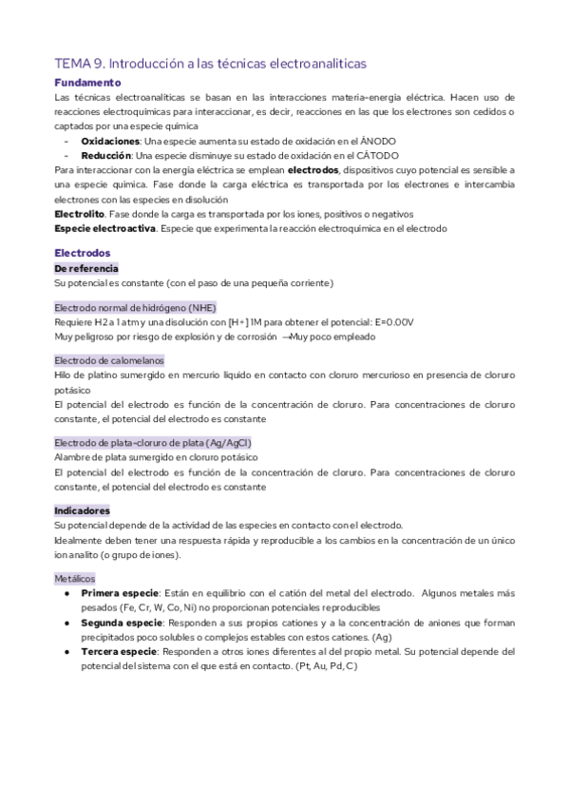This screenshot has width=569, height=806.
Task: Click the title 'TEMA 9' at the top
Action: coord(80,63)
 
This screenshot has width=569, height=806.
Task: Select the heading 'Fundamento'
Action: coord(88,83)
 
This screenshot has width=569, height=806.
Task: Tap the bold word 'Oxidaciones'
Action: coord(110,140)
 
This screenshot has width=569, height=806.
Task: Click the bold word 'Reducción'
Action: coord(106,154)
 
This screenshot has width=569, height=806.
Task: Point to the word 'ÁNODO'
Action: coord(378,140)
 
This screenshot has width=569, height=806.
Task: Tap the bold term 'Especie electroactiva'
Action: coord(104,229)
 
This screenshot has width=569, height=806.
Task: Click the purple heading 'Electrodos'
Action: coord(83,253)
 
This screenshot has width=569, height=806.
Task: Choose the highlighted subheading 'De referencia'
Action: coord(86,269)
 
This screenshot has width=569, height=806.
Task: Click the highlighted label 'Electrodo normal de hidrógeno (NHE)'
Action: coord(136,307)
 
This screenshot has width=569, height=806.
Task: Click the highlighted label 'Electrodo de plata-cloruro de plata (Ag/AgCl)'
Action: coord(153,443)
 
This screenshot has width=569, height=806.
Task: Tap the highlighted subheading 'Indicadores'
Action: coord(83,510)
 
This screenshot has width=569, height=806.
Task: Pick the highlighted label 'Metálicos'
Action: coord(75,578)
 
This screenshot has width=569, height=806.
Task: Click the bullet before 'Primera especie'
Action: coord(67,593)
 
